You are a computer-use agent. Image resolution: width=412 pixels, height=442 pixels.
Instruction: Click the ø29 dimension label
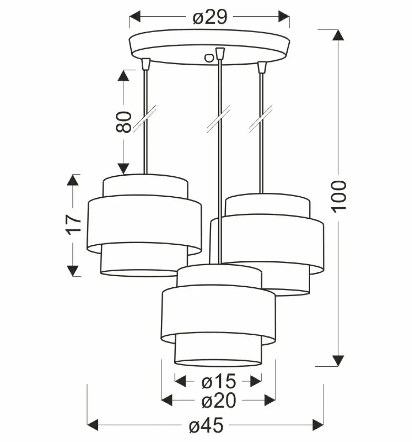(210, 17)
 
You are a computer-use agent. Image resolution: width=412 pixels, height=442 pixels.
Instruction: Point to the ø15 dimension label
(219, 381)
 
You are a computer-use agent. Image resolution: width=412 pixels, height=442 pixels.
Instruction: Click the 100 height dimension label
(339, 195)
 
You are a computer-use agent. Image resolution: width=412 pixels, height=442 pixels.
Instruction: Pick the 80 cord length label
(124, 122)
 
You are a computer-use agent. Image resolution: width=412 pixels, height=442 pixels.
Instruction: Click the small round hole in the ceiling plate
(208, 57)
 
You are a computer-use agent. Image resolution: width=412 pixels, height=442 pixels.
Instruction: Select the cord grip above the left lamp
(146, 64)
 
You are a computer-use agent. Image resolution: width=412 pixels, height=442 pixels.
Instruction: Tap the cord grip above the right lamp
(262, 67)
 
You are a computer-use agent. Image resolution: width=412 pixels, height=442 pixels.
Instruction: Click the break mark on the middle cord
(219, 119)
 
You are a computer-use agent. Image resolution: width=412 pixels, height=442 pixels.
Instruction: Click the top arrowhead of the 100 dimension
(338, 35)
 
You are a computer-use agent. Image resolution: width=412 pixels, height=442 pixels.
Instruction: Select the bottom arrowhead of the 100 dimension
(338, 360)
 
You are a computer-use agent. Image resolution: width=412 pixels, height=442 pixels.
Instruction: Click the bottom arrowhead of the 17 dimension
(73, 270)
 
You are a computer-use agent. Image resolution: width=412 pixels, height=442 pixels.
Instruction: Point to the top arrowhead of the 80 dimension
(123, 75)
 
